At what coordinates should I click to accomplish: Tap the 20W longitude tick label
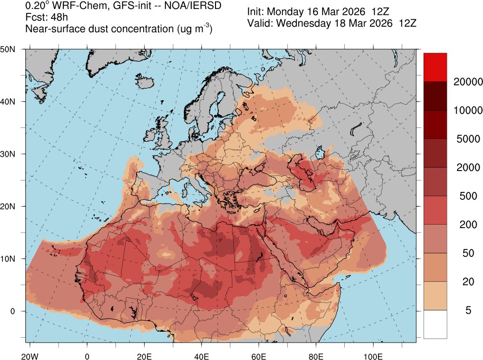point(30,356)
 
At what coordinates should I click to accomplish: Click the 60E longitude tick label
point(259,356)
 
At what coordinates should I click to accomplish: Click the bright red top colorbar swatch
point(435,67)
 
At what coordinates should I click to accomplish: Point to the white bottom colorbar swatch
point(435,324)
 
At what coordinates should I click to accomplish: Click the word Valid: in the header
point(259,23)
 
